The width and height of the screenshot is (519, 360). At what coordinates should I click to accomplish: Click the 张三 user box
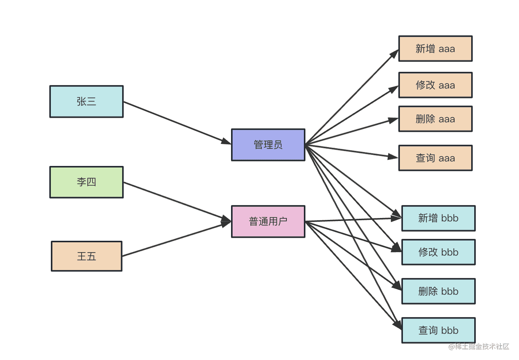click(x=86, y=101)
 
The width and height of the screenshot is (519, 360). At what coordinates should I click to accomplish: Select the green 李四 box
click(x=86, y=182)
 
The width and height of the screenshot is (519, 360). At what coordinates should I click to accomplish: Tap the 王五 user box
click(x=86, y=256)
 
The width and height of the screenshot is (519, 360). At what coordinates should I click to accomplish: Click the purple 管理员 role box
click(x=268, y=145)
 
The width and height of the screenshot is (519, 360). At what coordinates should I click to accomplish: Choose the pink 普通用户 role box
click(x=268, y=221)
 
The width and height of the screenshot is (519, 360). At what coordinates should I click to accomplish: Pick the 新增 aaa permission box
click(x=435, y=49)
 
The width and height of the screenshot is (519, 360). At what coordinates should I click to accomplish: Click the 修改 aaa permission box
click(x=435, y=85)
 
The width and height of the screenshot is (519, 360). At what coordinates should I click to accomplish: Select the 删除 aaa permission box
click(x=435, y=119)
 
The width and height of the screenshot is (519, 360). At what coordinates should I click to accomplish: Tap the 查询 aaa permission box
click(x=435, y=158)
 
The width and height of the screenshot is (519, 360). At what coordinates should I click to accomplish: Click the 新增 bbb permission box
click(x=438, y=218)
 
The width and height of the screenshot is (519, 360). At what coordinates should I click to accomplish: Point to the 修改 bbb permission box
click(x=438, y=252)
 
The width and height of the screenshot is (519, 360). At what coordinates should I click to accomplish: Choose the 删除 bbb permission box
click(x=438, y=291)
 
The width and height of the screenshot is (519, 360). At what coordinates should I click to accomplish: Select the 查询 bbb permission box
click(x=438, y=330)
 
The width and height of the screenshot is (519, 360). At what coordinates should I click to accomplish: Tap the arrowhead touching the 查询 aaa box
click(x=393, y=156)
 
